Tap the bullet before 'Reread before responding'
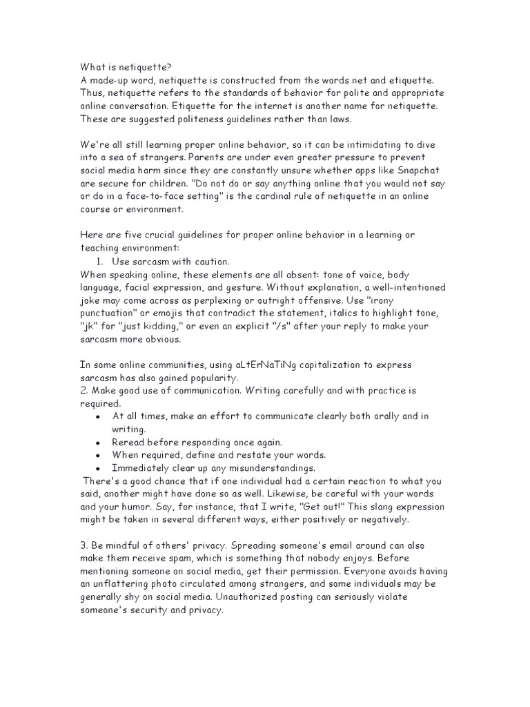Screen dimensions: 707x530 [99, 442]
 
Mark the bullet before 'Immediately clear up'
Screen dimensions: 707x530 [99, 467]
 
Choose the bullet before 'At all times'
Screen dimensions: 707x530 [99, 416]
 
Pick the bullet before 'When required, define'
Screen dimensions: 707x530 [99, 455]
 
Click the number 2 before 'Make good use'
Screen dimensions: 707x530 [83, 391]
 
